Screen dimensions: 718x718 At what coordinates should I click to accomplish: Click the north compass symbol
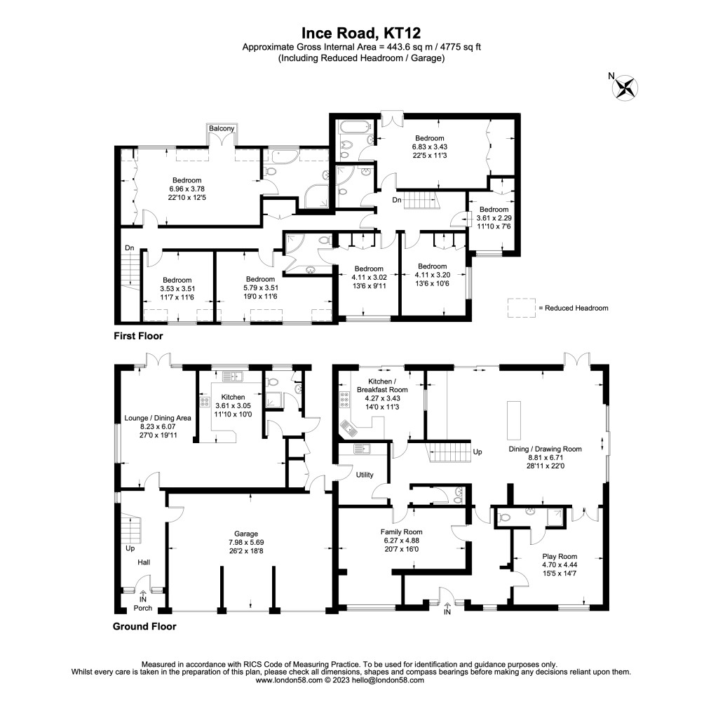(x=625, y=87)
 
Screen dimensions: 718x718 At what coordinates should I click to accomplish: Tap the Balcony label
(x=221, y=128)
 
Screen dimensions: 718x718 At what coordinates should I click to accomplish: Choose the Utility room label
(x=365, y=475)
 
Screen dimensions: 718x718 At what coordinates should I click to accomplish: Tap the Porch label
(x=143, y=608)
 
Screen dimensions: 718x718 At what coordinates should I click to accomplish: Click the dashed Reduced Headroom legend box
(x=521, y=308)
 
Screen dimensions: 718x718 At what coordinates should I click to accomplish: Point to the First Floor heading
(x=138, y=337)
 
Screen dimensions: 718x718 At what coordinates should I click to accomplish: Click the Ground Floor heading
(x=144, y=626)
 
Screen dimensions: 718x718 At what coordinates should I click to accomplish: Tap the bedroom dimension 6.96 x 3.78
(x=187, y=189)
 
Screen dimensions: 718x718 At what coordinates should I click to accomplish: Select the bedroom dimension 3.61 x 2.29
(x=494, y=218)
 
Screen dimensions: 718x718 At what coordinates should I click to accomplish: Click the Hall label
(x=143, y=562)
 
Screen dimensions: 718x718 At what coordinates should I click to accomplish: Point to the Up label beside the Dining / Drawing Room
(x=479, y=452)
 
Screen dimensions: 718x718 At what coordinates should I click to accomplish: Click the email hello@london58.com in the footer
(x=391, y=680)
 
